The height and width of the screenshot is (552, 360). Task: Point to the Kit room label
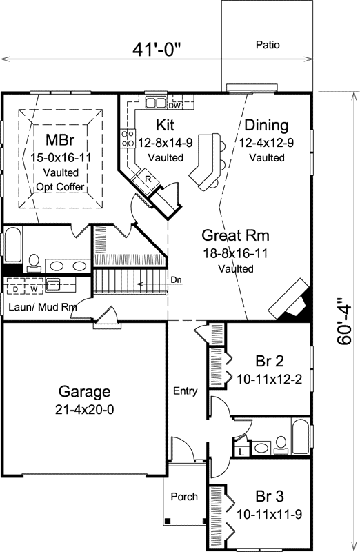coord(165,126)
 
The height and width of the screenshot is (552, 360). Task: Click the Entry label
coord(186,391)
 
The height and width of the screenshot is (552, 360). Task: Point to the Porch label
coord(184,496)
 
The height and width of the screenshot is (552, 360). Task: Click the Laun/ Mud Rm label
coord(41,306)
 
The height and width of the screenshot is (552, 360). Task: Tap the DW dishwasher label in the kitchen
coord(174,106)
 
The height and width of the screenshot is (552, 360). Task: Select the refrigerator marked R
coord(148,179)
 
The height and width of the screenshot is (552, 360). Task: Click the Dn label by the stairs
coord(176,280)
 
